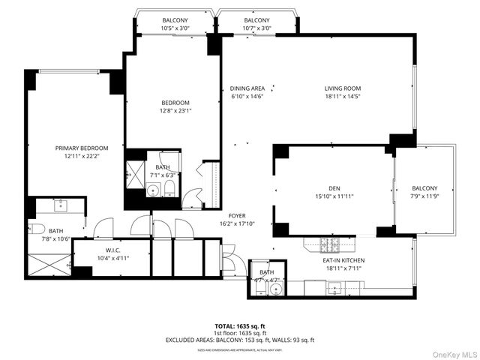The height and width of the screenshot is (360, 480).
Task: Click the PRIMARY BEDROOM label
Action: coord(82,148)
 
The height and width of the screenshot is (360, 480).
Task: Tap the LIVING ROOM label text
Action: coord(343,88)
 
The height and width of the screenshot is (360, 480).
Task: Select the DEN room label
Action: coord(334,189)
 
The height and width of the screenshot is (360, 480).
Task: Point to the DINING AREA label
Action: coord(247,88)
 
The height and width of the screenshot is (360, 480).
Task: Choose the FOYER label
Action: coord(236,215)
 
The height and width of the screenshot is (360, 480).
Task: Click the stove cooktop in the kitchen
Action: coord(328,244)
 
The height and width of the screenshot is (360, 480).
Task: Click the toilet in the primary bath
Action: coord(34,229)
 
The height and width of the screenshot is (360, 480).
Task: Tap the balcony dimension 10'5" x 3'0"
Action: coord(174,28)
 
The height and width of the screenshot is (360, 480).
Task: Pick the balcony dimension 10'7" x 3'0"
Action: coord(256,28)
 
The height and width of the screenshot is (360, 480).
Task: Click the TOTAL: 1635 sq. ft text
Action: coord(240,326)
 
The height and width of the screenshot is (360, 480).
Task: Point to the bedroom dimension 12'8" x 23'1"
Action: coord(175,111)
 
